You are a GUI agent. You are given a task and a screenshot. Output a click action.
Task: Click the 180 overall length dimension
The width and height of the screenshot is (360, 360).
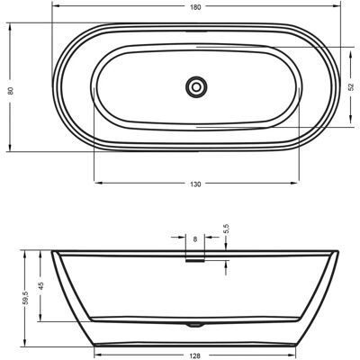[x=195, y=7]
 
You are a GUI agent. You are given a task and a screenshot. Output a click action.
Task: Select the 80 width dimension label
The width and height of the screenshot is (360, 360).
[x=11, y=90]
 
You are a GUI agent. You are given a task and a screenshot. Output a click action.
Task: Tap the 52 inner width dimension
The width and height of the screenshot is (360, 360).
[x=353, y=87]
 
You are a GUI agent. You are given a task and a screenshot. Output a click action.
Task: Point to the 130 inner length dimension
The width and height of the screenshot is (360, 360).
[x=195, y=184]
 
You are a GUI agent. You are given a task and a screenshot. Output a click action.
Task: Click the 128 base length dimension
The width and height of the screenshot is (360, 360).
[x=195, y=356]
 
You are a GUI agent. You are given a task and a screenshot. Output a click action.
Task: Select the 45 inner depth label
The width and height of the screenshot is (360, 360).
[x=41, y=285]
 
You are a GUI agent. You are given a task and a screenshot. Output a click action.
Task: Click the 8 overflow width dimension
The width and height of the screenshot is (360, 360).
[x=195, y=239]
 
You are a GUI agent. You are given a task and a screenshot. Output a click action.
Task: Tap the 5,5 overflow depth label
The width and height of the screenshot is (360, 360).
[x=227, y=229]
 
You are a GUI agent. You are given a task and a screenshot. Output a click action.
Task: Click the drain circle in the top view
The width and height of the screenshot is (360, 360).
[x=196, y=87]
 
